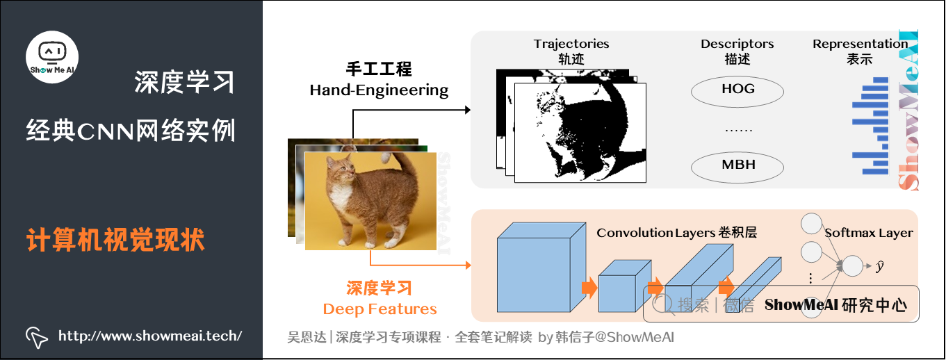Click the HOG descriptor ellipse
(737, 90)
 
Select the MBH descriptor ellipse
(737, 165)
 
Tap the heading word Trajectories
(571, 44)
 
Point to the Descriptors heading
(737, 44)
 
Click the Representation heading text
(860, 44)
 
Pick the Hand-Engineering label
(379, 90)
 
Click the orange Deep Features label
(380, 309)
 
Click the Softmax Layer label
(868, 233)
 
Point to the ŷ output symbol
(879, 267)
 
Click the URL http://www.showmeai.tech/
(150, 336)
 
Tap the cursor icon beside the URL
(37, 337)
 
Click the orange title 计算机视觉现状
(115, 240)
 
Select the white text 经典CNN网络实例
(131, 130)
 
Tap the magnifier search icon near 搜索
(662, 304)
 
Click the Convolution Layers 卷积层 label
(676, 233)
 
